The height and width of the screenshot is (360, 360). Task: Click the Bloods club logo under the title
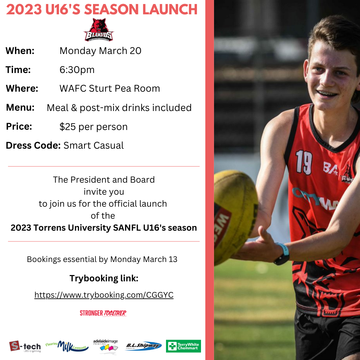(99, 30)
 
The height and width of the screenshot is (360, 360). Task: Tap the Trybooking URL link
(104, 295)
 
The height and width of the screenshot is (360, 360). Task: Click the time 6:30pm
(77, 70)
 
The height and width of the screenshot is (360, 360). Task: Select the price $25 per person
(93, 127)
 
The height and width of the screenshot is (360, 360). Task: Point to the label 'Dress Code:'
(33, 145)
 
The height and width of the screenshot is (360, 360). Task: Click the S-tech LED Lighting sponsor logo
(25, 347)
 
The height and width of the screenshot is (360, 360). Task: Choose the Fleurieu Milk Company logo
(67, 346)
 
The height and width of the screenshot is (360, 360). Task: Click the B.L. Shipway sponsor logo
(143, 346)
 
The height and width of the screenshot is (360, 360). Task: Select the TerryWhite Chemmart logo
(183, 346)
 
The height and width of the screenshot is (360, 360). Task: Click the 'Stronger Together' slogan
(103, 313)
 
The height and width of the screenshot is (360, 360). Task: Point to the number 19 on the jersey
(304, 162)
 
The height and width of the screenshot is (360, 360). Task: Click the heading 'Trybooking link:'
(104, 278)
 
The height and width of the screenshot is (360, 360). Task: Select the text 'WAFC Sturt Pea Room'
(110, 88)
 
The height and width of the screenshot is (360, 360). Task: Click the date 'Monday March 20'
(100, 51)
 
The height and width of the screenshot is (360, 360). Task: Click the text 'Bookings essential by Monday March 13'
(102, 259)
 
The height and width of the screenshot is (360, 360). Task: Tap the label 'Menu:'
(20, 108)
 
